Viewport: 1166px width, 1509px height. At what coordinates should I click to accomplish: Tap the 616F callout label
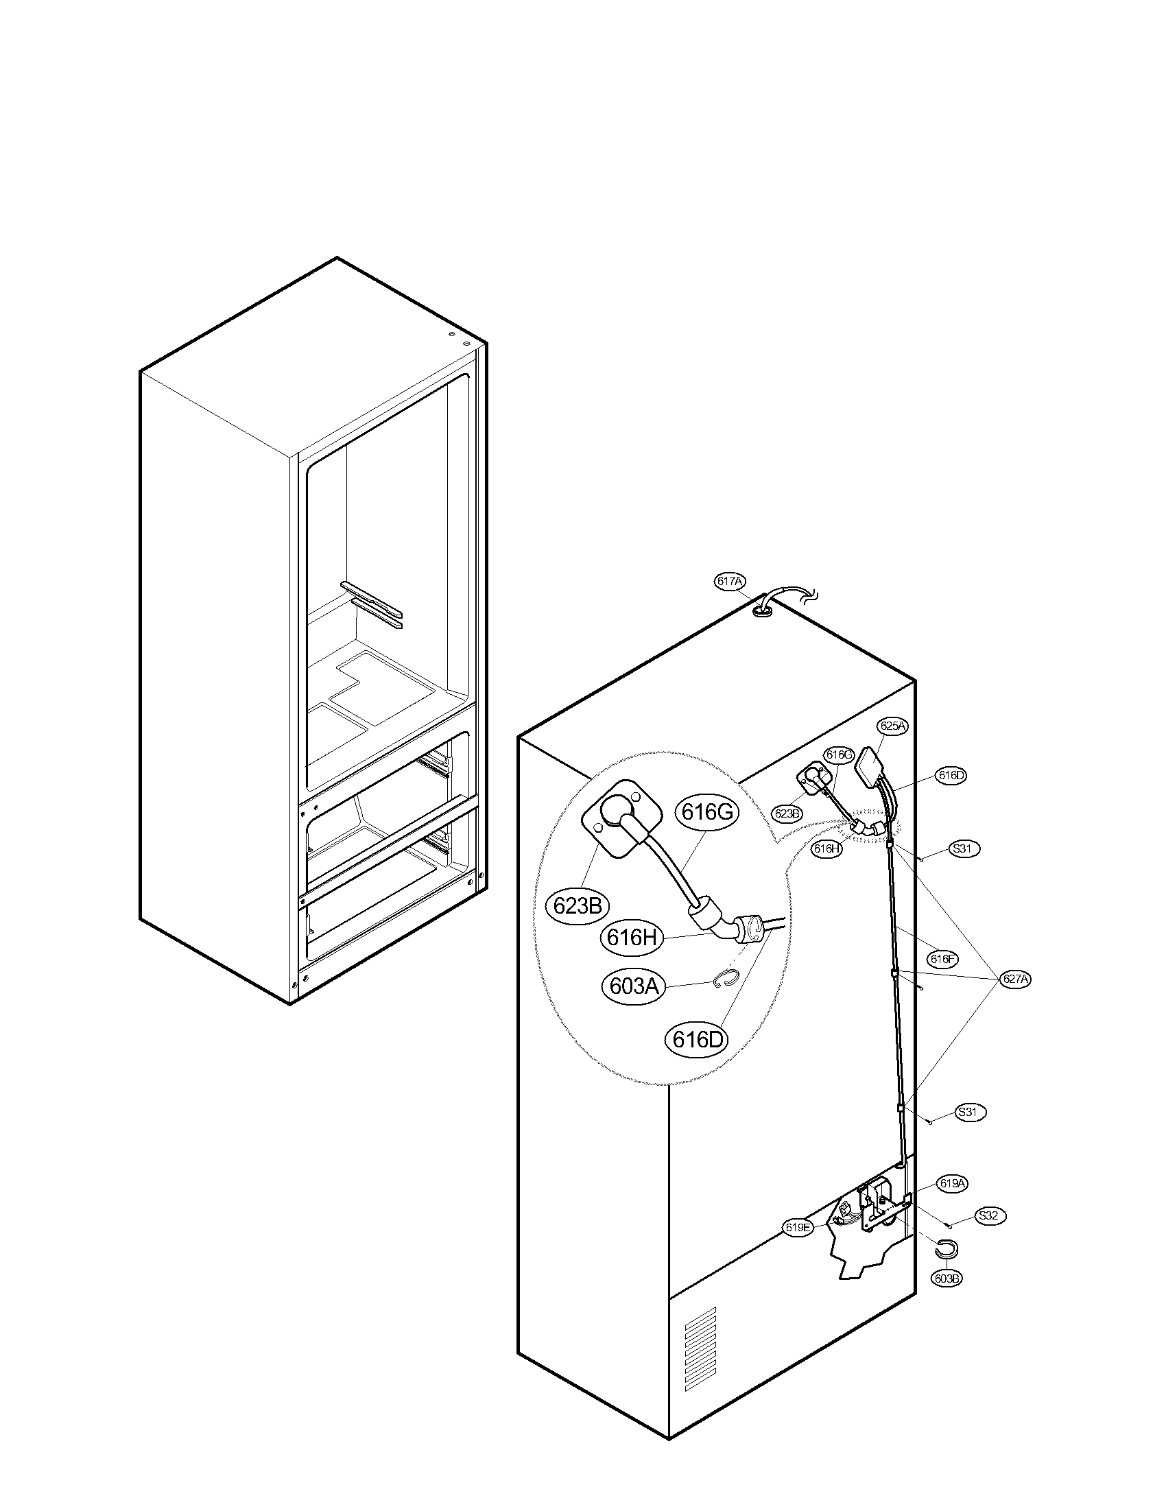pos(942,959)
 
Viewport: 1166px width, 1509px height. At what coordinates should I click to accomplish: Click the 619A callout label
pos(952,1184)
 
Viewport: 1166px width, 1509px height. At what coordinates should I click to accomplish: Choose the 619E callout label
pos(797,1227)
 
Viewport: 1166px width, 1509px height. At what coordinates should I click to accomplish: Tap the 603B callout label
pos(947,1279)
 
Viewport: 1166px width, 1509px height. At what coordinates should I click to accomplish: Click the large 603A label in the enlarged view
pos(632,986)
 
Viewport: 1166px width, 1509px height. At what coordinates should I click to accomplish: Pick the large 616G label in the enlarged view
pos(706,813)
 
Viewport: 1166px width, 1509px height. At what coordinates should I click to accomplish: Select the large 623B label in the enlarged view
pos(578,905)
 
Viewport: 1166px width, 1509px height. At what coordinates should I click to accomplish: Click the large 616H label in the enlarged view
pos(631,938)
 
